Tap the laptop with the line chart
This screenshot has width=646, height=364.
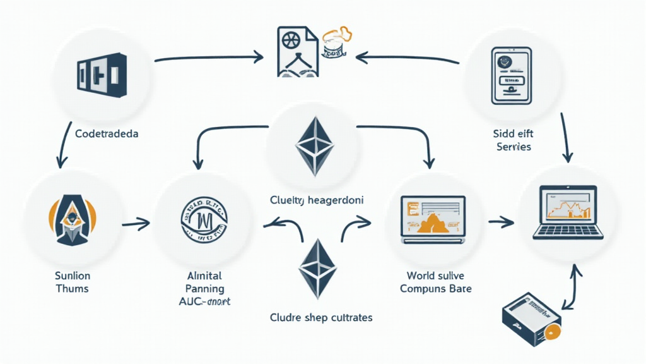click(564, 211)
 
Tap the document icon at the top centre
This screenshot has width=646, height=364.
click(294, 52)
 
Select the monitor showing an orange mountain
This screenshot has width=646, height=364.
click(433, 218)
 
